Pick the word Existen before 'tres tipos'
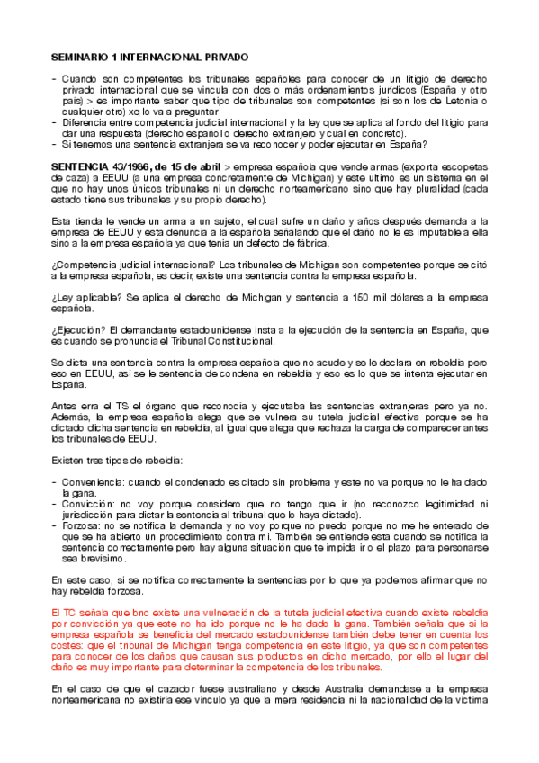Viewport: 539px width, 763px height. (x=72, y=461)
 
